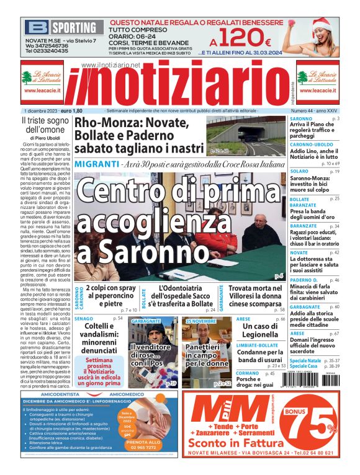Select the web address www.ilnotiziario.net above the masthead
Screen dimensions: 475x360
(110, 65)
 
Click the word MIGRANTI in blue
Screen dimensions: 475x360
(96, 164)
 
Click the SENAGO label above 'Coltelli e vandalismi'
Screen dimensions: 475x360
(84, 301)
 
